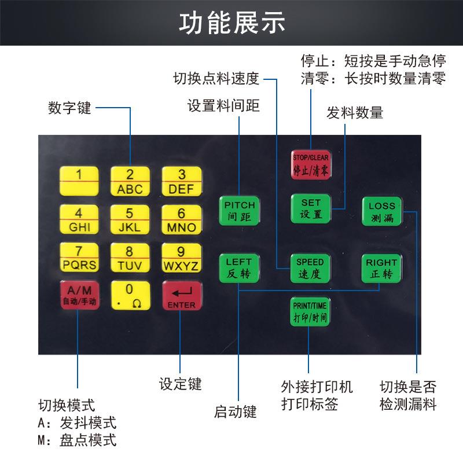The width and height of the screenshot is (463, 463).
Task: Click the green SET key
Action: (x=311, y=208)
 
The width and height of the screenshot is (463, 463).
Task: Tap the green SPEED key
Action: (x=310, y=268)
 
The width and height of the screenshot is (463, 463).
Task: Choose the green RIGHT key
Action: (x=382, y=268)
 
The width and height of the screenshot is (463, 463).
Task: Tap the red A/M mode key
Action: (x=79, y=295)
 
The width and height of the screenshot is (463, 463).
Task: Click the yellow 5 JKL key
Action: (x=130, y=221)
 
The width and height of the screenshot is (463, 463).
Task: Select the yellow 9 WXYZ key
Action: (x=181, y=258)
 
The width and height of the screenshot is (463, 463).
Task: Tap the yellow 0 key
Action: (x=130, y=295)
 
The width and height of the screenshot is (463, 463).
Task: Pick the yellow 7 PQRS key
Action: (x=79, y=258)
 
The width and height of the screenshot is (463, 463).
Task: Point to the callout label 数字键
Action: (x=70, y=108)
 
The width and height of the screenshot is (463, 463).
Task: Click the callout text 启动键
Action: (x=235, y=412)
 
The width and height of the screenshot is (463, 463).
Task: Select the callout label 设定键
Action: (x=180, y=383)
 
